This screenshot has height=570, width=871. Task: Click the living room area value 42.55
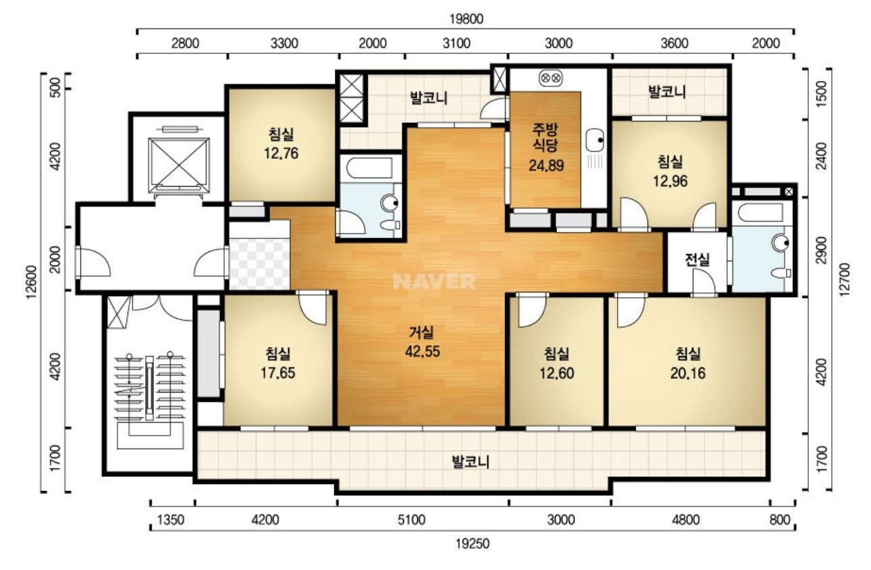(x=422, y=351)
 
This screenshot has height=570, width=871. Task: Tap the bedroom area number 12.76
(x=281, y=153)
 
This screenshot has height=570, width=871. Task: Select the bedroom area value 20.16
(x=687, y=373)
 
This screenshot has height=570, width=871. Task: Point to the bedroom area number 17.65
(x=278, y=373)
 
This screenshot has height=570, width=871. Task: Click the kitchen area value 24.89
(x=546, y=165)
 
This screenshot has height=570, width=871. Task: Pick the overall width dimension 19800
(x=466, y=19)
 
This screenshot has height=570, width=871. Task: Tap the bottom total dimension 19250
(x=473, y=544)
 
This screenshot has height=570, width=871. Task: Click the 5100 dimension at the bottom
(x=411, y=520)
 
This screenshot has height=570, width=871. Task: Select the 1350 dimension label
(x=170, y=520)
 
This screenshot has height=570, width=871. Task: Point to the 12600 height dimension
(x=32, y=282)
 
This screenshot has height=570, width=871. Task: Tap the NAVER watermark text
(x=434, y=281)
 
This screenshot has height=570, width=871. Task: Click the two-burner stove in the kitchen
(x=550, y=78)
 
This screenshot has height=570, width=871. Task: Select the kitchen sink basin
(x=595, y=140)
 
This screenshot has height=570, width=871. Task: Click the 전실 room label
(x=697, y=259)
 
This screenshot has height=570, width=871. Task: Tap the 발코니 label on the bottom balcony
(x=471, y=462)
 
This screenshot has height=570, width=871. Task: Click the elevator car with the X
(x=178, y=165)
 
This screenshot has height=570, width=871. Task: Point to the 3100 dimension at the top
(x=456, y=43)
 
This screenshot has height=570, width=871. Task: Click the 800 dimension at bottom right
(x=780, y=520)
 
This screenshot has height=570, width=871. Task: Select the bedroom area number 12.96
(x=670, y=181)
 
